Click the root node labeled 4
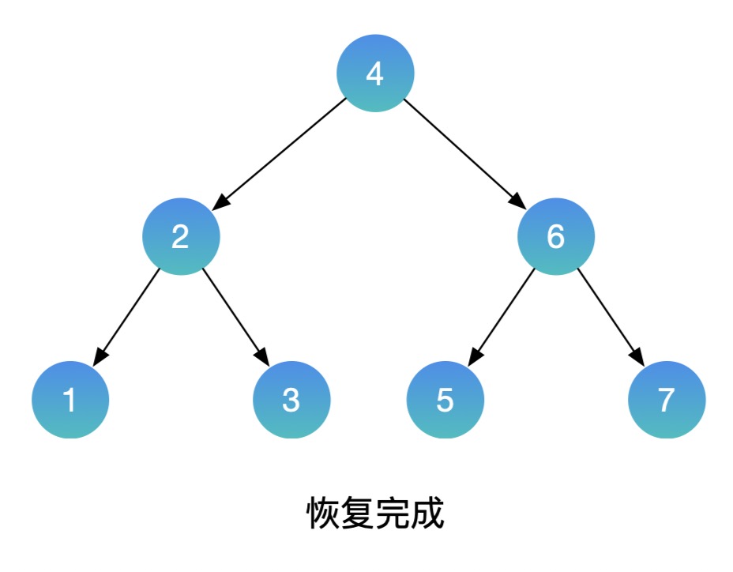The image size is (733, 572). click(375, 73)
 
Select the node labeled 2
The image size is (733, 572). click(181, 236)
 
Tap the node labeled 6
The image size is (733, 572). click(556, 236)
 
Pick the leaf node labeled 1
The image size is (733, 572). click(70, 400)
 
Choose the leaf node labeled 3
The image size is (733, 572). click(291, 400)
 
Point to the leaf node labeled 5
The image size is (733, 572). click(445, 400)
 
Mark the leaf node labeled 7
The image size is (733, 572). click(667, 400)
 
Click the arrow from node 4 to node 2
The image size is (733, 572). click(280, 153)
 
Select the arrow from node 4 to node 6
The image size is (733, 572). click(466, 153)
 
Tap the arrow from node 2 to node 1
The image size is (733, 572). click(127, 316)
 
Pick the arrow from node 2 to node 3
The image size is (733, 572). click(235, 316)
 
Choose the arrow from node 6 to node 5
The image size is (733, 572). click(501, 316)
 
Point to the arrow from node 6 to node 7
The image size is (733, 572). click(611, 316)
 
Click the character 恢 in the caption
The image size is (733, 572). click(323, 514)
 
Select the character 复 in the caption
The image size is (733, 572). click(358, 514)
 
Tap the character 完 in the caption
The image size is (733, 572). click(393, 514)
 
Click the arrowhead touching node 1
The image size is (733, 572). click(99, 358)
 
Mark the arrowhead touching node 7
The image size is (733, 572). click(638, 358)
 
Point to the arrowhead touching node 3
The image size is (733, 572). click(263, 358)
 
